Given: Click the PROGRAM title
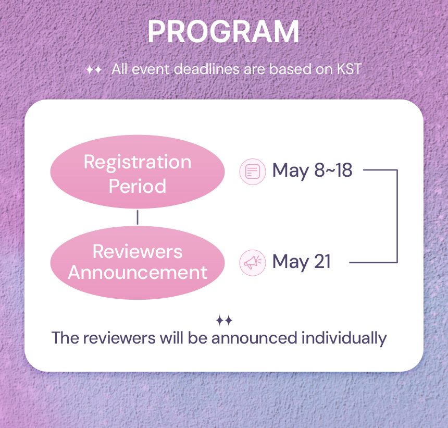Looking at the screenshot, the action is pyautogui.click(x=223, y=32).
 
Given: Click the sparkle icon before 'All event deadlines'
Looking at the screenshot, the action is pyautogui.click(x=94, y=69).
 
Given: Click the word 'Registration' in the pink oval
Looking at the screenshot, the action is pyautogui.click(x=138, y=162).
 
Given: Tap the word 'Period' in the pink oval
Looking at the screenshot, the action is pyautogui.click(x=138, y=186).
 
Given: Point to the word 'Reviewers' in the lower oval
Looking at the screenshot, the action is pyautogui.click(x=138, y=252).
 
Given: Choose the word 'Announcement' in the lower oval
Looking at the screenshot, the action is pyautogui.click(x=138, y=272).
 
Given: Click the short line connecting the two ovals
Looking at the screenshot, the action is pyautogui.click(x=138, y=217).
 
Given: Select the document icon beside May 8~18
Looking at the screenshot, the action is pyautogui.click(x=253, y=172).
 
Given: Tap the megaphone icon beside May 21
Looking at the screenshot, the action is pyautogui.click(x=253, y=263).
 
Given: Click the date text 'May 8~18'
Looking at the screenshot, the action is pyautogui.click(x=312, y=170).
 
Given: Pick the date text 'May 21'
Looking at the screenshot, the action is pyautogui.click(x=302, y=262).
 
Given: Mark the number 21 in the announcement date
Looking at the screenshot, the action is pyautogui.click(x=322, y=261).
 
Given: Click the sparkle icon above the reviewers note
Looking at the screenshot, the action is pyautogui.click(x=224, y=321).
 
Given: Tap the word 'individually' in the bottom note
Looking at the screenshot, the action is pyautogui.click(x=344, y=338).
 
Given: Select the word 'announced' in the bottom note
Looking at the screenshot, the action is pyautogui.click(x=254, y=338).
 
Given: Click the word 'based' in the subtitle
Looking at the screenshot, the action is pyautogui.click(x=290, y=69).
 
